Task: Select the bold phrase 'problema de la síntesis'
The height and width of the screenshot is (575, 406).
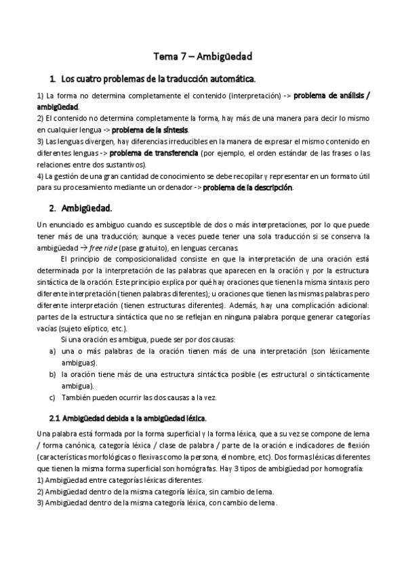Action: point(150,130)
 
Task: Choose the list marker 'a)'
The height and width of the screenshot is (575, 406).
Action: point(52,351)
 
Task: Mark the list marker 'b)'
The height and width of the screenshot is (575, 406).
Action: point(52,374)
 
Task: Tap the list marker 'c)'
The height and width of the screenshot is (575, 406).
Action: point(52,397)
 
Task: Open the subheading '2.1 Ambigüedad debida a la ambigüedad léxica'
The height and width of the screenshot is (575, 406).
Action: point(128,418)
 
